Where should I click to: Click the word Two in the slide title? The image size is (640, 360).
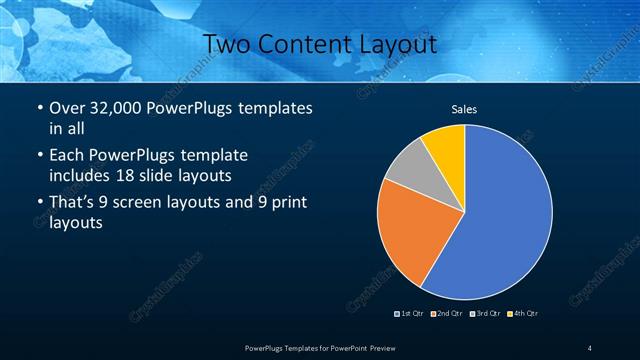click(x=227, y=43)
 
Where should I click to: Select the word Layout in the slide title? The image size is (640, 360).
click(x=396, y=43)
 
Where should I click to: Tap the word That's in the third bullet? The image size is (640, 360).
click(x=73, y=203)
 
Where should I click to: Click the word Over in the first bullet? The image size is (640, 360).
click(x=67, y=108)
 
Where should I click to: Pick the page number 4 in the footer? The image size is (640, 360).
click(x=590, y=347)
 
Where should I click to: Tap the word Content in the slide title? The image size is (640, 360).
click(x=304, y=43)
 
